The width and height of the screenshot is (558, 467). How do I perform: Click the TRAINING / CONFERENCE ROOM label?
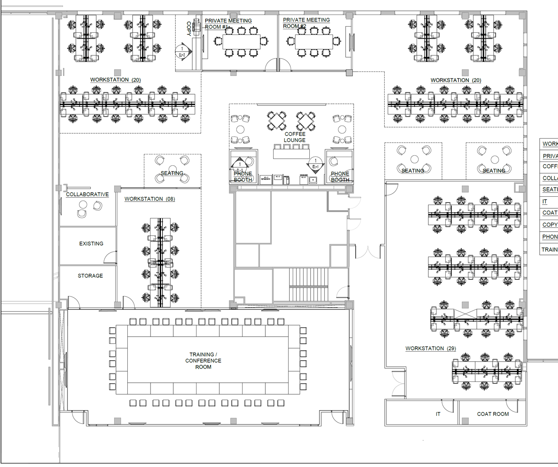[x=203, y=361]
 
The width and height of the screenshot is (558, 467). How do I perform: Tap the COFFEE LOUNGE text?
[x=295, y=137]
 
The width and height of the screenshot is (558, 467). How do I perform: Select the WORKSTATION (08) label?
[x=150, y=199]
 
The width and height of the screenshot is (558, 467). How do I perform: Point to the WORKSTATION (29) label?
[x=430, y=348]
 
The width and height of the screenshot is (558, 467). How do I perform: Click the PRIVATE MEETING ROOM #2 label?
[x=306, y=23]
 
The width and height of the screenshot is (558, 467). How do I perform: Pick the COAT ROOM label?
[x=492, y=414]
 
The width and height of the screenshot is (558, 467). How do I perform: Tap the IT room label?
[x=438, y=414]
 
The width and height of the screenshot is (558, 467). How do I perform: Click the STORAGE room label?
[x=90, y=276]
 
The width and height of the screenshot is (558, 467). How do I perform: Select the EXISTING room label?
[x=91, y=244]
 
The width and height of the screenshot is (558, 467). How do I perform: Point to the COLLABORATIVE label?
[x=87, y=194]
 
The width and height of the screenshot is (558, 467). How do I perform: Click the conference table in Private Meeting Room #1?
[x=241, y=42]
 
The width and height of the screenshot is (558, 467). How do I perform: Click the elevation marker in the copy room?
[x=182, y=51]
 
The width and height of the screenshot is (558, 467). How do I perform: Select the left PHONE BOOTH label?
[x=243, y=177]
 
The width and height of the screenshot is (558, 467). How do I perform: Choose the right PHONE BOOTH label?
[x=340, y=177]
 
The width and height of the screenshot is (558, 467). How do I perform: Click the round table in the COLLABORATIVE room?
[x=83, y=204]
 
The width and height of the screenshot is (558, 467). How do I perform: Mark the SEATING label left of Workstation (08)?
[x=172, y=173]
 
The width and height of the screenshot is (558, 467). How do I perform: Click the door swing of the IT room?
[x=447, y=405]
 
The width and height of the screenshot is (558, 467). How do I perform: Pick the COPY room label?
[x=189, y=28]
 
